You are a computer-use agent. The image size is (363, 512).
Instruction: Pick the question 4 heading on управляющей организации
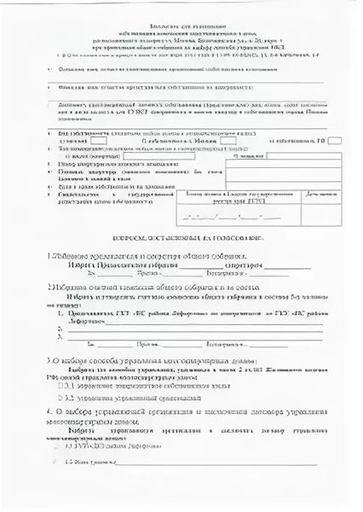[x=182, y=414]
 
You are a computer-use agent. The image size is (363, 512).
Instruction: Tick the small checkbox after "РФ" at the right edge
[x=336, y=141]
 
